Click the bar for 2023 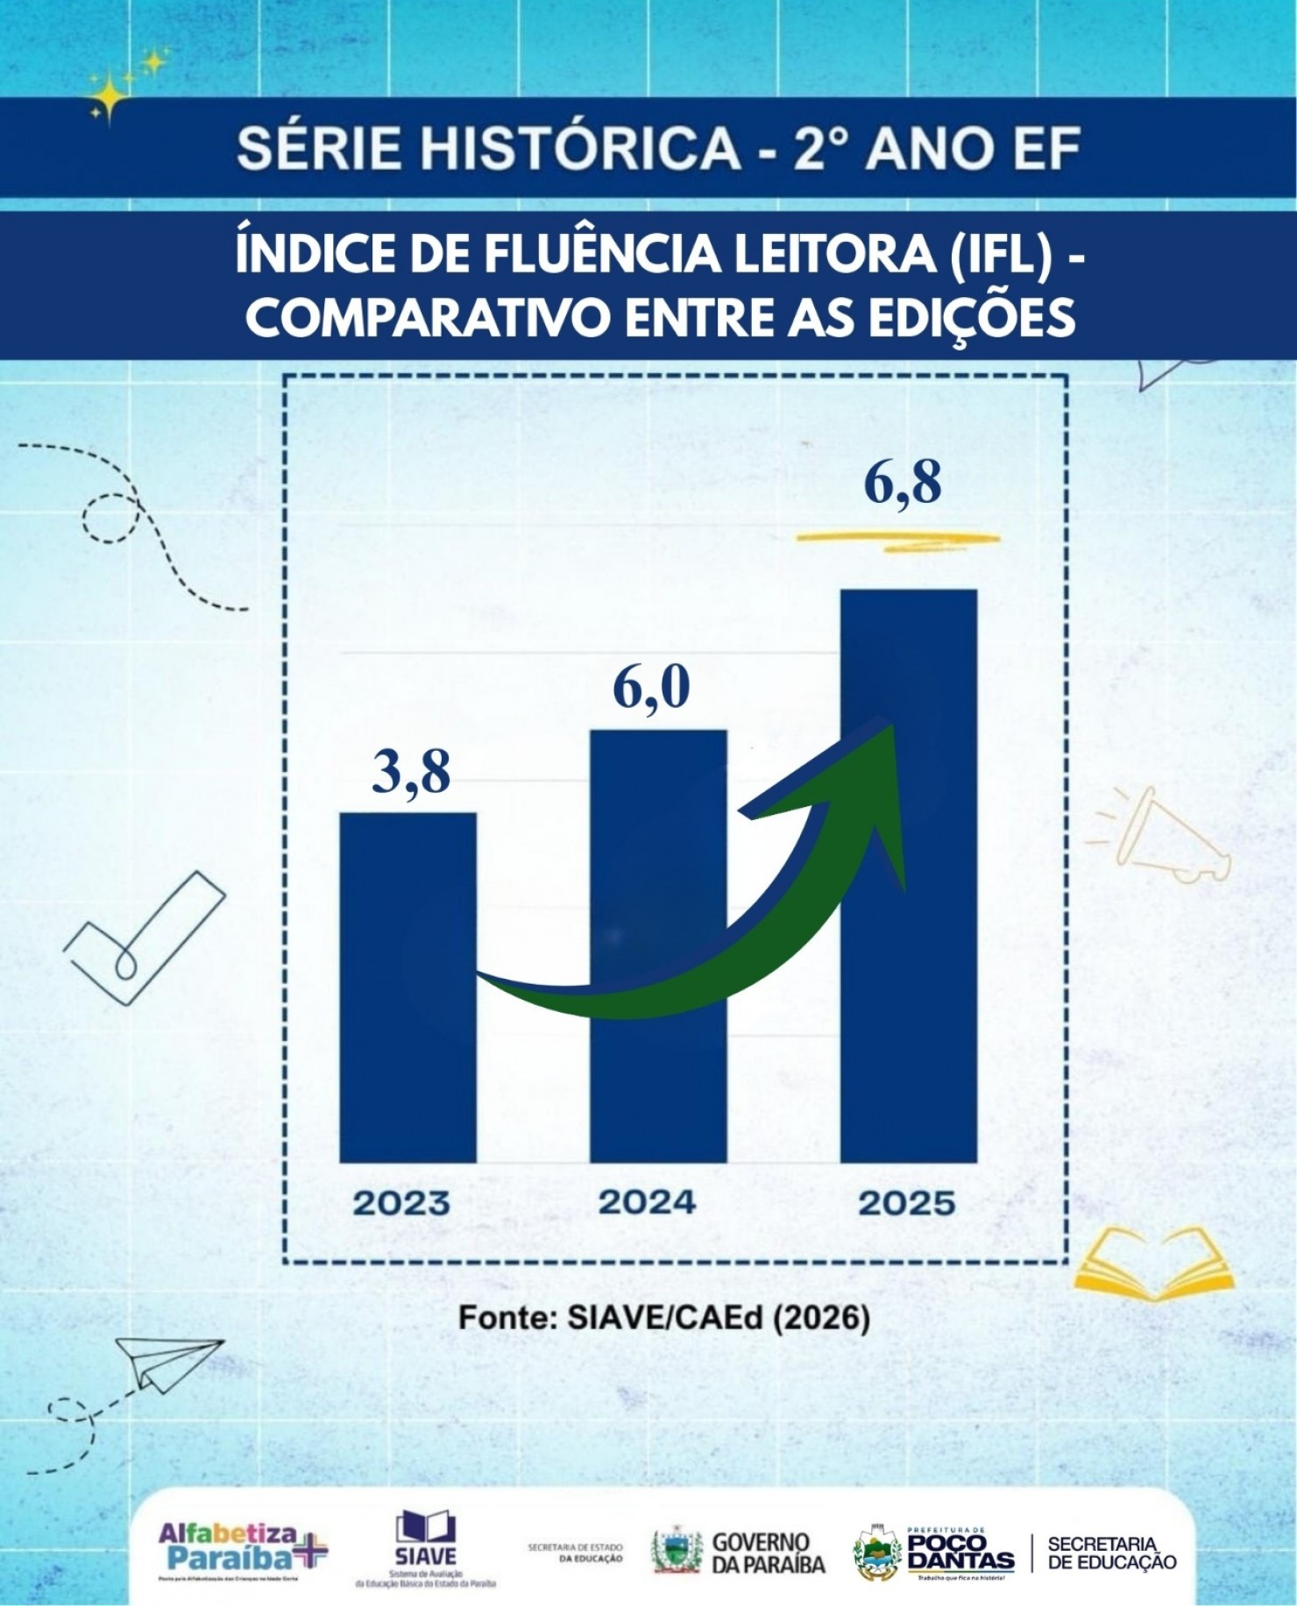(x=408, y=990)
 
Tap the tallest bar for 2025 (x=908, y=876)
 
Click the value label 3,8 (x=410, y=772)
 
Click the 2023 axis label (x=400, y=1203)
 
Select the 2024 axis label (x=648, y=1201)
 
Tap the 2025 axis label (x=906, y=1203)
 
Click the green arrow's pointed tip (x=889, y=725)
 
